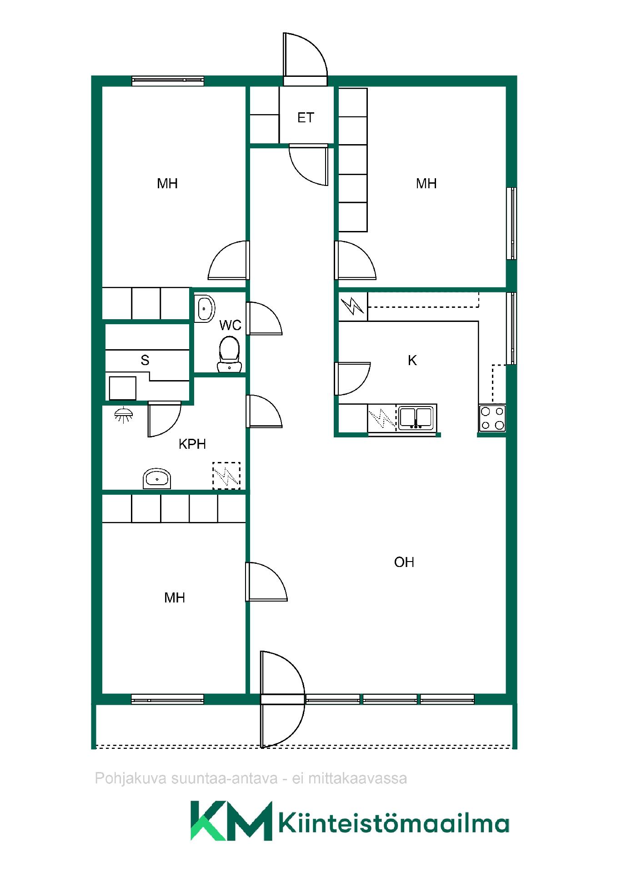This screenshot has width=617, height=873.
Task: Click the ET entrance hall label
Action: pyautogui.click(x=306, y=118)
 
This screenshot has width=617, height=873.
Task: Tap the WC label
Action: pyautogui.click(x=230, y=325)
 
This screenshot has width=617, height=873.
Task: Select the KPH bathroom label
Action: pyautogui.click(x=192, y=444)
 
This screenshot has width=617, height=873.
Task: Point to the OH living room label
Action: pyautogui.click(x=404, y=562)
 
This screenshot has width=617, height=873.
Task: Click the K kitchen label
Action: pyautogui.click(x=412, y=361)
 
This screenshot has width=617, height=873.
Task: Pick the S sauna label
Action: pyautogui.click(x=145, y=360)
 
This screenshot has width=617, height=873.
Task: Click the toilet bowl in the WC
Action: pyautogui.click(x=230, y=354)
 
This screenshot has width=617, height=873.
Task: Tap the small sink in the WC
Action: pyautogui.click(x=205, y=309)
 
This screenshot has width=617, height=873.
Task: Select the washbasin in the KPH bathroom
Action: pyautogui.click(x=157, y=478)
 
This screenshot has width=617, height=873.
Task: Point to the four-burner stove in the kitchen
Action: pyautogui.click(x=492, y=418)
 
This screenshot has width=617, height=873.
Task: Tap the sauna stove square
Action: pyautogui.click(x=123, y=388)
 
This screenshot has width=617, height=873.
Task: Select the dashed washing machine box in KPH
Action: pyautogui.click(x=226, y=476)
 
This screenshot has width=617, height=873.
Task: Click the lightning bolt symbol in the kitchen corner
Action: pyautogui.click(x=353, y=306)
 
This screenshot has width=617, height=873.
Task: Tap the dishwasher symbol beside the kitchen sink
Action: pyautogui.click(x=382, y=418)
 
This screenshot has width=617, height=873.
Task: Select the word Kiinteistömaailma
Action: pyautogui.click(x=393, y=823)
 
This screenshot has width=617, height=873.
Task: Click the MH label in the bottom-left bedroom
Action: pyautogui.click(x=175, y=597)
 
